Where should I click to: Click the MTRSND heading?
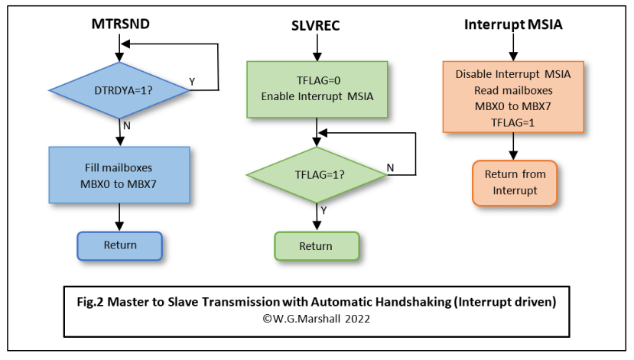121,24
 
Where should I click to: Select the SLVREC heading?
316,26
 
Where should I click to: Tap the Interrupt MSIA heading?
513,24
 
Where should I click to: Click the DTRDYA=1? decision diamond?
119,90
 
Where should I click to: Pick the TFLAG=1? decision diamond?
317,175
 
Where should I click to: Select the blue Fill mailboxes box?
119,175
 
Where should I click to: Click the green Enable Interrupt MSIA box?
317,89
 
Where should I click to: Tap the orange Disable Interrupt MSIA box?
513,97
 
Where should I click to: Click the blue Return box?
119,245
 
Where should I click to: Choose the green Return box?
317,246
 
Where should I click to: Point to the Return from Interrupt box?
515,183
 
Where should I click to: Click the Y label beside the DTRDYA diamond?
192,82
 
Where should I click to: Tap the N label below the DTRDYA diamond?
127,126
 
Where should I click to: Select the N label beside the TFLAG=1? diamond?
390,167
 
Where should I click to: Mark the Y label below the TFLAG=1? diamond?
324,210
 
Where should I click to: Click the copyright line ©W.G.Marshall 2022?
316,319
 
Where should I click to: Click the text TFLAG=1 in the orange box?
512,122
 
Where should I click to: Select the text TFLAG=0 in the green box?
319,80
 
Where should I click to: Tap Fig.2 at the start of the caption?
90,302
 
